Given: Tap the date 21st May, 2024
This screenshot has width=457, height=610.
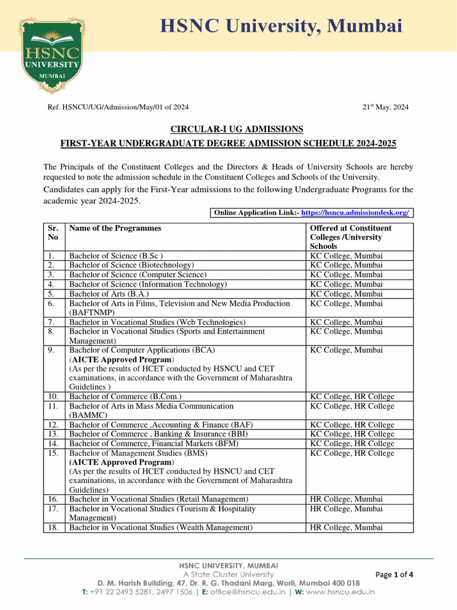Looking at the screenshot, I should coord(386,107).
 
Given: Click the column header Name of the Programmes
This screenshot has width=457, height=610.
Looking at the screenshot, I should coord(115,228).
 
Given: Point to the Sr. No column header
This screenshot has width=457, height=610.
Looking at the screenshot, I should coord(53,232).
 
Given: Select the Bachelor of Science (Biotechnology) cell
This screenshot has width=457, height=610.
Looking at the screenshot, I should coord(132,265).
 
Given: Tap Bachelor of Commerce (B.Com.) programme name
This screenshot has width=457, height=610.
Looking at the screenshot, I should coord(126,397).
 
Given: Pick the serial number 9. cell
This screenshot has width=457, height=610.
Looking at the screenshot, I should coord(53,350).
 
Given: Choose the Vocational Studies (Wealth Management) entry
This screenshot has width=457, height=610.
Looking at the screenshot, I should coord(161,528).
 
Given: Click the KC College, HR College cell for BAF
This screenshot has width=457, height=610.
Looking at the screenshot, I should coord(352,425).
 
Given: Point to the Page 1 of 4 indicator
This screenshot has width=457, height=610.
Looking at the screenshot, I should coord(395,575).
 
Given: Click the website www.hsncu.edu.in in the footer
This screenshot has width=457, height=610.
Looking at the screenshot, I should coord(340,592).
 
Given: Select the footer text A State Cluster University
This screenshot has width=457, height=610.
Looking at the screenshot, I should coord(228,574).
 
